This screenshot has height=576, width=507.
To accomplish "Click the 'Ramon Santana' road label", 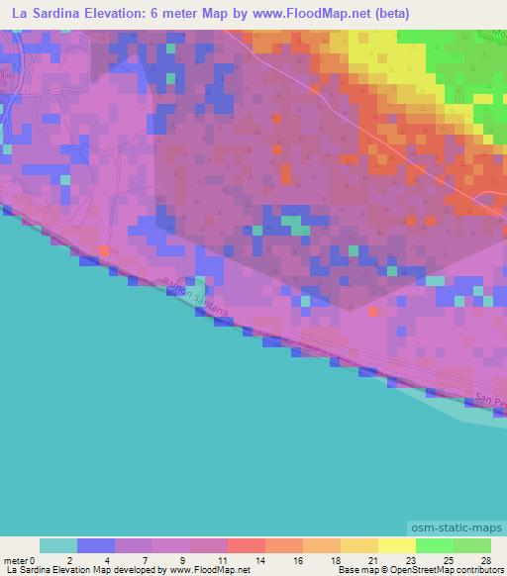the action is [194, 296].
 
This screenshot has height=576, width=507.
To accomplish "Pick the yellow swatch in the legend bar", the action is [397, 545].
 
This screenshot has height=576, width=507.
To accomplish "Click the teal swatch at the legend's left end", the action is [58, 545].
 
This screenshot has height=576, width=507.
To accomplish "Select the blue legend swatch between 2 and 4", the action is [96, 545].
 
